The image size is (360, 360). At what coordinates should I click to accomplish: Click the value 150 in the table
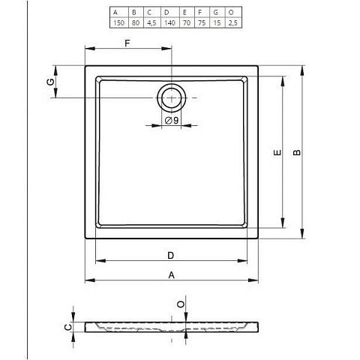tap(118, 23)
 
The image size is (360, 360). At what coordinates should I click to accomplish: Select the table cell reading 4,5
tap(151, 23)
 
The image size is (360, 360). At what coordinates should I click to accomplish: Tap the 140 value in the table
tap(169, 23)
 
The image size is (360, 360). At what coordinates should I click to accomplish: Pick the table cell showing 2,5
tap(232, 23)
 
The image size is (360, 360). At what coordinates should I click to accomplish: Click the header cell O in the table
tap(231, 12)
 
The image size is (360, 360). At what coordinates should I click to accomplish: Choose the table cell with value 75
tap(202, 23)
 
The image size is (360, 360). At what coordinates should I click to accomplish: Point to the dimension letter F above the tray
tap(127, 43)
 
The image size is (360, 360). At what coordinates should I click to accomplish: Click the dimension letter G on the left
tap(51, 82)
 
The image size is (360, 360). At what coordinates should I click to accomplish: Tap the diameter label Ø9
tap(172, 121)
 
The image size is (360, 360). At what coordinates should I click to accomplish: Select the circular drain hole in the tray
tap(172, 84)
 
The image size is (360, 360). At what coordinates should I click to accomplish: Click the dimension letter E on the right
tap(277, 152)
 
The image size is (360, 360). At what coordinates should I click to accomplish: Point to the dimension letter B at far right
tap(297, 152)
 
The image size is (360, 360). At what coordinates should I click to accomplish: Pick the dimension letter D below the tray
tap(171, 256)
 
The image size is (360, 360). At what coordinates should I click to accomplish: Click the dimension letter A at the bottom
tap(171, 275)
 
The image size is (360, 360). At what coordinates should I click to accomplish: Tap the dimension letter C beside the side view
tap(68, 327)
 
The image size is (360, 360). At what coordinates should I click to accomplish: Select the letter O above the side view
tap(181, 304)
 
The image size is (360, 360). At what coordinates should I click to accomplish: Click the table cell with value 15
tap(217, 23)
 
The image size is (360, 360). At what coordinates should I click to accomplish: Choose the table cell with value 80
tap(136, 23)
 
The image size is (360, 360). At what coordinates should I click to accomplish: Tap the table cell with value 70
tap(187, 23)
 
